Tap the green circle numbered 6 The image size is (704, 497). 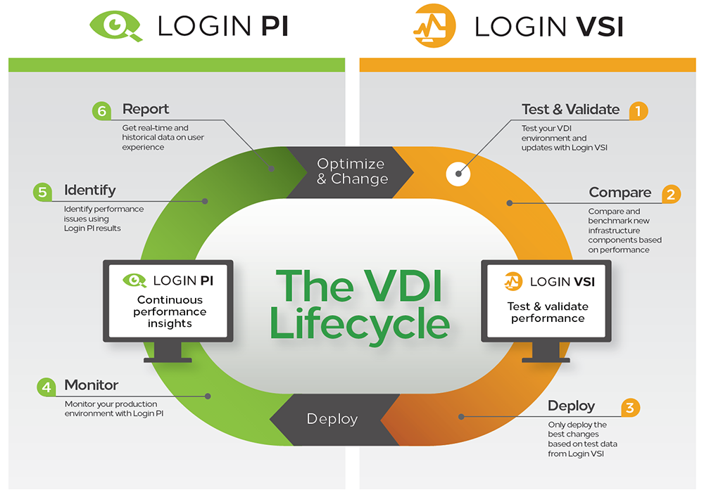tap(101, 111)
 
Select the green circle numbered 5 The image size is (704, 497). tap(42, 191)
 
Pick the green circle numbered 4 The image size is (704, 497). tap(46, 387)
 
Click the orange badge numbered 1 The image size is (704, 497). tap(638, 110)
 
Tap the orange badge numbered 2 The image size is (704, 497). tap(670, 194)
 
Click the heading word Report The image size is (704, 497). tap(146, 109)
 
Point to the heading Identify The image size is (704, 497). tap(89, 190)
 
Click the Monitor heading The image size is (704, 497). tap(92, 385)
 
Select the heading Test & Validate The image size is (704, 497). tap(570, 109)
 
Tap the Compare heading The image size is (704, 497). tap(620, 192)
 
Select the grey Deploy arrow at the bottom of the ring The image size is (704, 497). tap(332, 419)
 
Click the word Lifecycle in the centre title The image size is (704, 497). tap(360, 324)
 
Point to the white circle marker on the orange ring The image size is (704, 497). tap(458, 174)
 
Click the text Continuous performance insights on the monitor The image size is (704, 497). tap(170, 311)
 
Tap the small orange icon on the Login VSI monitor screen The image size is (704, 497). tap(513, 282)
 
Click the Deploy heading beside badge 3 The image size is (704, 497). tap(571, 406)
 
